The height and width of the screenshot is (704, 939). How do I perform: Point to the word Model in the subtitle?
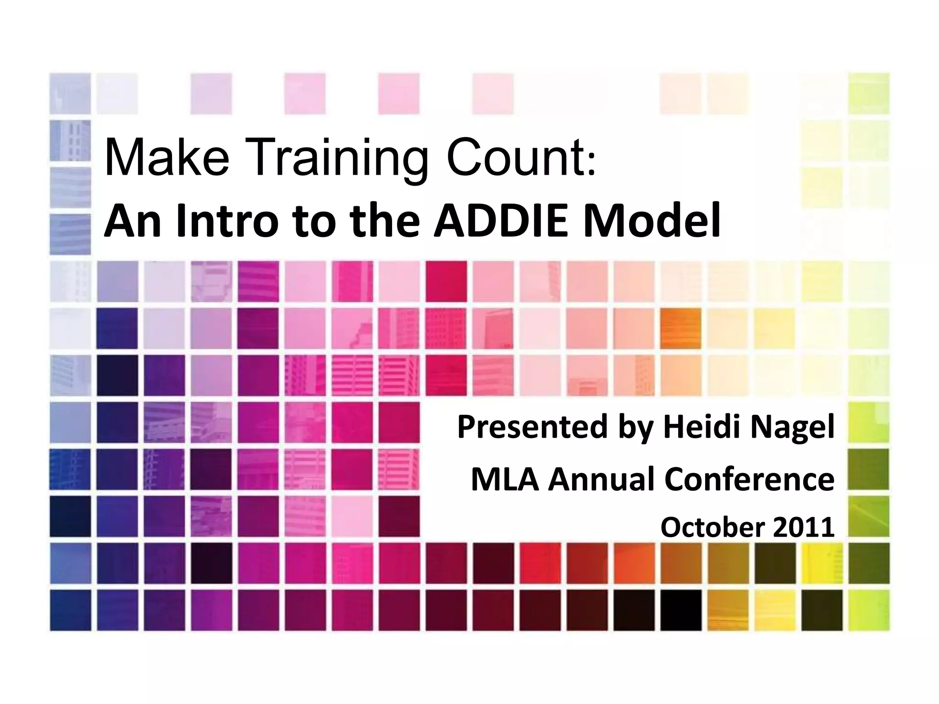pos(651,220)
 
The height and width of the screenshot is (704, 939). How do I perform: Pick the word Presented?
pos(532,426)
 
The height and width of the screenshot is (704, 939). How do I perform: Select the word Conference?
pos(749,479)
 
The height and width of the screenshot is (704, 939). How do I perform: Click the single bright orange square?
pos(680,328)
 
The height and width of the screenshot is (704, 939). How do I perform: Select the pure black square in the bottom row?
pos(680,610)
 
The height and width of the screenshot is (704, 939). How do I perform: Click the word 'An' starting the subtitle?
pos(133,220)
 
